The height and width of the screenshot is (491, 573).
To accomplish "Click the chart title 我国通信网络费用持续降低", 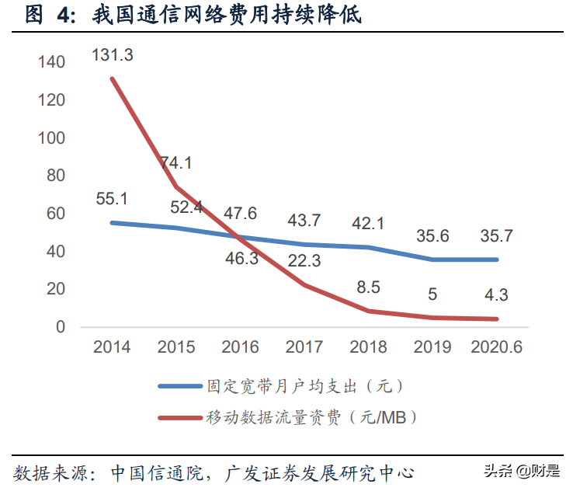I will pos(226,16).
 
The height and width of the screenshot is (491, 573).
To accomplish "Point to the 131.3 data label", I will pos(112,55).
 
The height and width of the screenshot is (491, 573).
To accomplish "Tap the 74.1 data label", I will pos(175,163).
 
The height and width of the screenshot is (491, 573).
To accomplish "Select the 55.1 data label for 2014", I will pos(111,198).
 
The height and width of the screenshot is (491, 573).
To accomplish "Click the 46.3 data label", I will pos(241,259).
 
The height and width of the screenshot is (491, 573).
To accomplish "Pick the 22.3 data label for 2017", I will pos(304,262).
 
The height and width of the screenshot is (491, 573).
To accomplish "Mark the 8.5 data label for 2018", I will pos(368,287).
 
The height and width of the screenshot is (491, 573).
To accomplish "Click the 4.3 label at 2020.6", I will pos(496,296).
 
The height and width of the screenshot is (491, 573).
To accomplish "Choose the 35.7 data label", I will pos(496,235).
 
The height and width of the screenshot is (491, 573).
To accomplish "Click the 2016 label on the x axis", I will pos(240,346).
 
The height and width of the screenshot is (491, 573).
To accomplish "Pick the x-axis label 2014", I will pos(112,346).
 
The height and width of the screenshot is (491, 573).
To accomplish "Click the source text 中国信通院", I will pos(156,472).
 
